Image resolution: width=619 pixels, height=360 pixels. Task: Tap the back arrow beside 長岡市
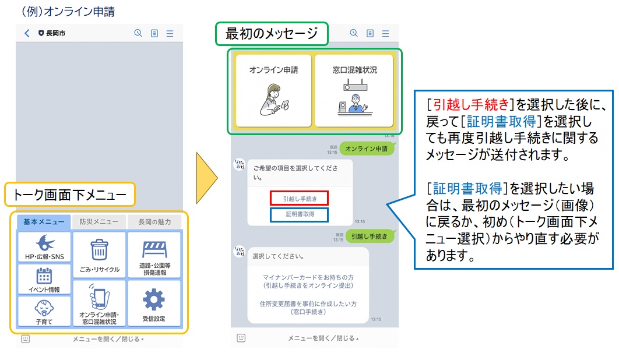coord(27,34)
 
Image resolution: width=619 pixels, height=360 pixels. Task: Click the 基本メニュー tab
coord(44,222)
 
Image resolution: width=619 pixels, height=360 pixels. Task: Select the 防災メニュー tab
coord(99,222)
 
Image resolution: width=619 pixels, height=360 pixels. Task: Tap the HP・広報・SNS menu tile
coord(44,247)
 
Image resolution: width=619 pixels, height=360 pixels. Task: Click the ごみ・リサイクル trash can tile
coord(99,255)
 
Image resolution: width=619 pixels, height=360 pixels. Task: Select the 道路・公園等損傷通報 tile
coord(154,255)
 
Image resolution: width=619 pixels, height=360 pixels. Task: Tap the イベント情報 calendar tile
coord(44,279)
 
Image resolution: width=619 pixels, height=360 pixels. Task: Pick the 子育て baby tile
coord(44,310)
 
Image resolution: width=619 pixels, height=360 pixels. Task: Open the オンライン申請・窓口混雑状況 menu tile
coord(99,303)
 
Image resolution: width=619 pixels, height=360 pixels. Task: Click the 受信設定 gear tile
coord(154,303)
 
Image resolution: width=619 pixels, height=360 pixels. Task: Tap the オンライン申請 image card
coord(273,90)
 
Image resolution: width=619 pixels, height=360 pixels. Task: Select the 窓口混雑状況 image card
coord(354,90)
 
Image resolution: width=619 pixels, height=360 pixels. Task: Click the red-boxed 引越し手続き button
coord(300,199)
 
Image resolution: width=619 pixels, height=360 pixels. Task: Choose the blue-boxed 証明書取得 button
coord(300,214)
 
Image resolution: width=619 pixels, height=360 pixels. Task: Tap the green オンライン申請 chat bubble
coord(366,149)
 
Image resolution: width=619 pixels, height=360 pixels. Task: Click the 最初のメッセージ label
coord(272,34)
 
